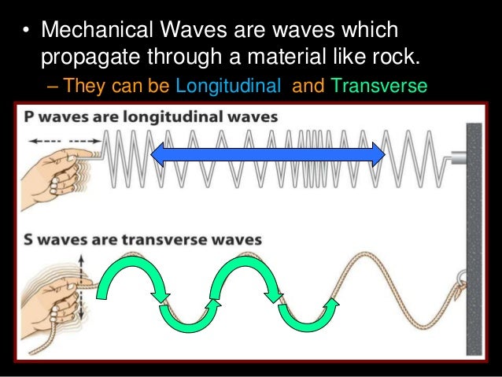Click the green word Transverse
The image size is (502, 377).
pyautogui.click(x=379, y=84)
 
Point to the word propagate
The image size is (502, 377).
pyautogui.click(x=83, y=57)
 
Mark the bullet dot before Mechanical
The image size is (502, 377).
pyautogui.click(x=25, y=32)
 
